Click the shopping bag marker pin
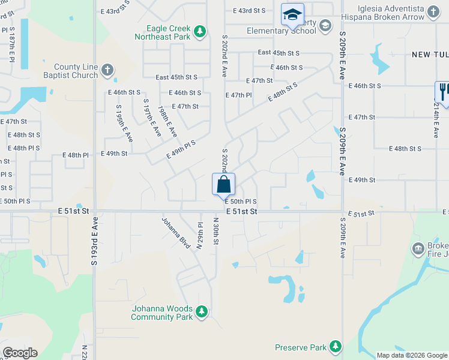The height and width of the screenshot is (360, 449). point(223,184)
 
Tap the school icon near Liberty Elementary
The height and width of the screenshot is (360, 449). point(292,14)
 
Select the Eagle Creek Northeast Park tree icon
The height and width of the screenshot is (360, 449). point(199,32)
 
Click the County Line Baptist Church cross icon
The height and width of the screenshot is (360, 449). point(107,70)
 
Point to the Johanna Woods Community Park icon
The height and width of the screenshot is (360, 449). point(202,311)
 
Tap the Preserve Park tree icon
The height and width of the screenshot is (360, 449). point(335,347)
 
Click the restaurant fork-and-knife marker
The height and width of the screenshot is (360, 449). point(443,92)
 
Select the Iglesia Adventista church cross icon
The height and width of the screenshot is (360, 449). point(433,11)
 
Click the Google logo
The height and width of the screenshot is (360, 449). point(19,353)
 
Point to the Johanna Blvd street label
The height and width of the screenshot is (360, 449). point(175,232)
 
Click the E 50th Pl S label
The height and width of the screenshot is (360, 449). point(241,202)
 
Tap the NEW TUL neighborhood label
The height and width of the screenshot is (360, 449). point(430,55)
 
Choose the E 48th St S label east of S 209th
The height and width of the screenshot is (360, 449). point(405,149)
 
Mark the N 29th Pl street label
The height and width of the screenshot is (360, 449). point(200,236)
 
